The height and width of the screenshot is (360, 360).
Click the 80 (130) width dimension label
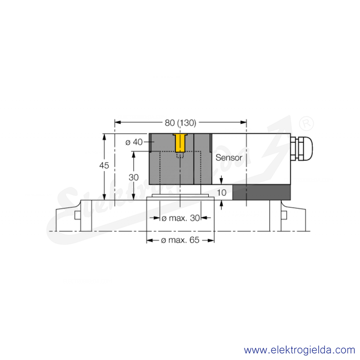[180, 123]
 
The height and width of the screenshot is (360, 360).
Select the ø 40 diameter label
[134, 142]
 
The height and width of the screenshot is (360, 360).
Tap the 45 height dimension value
[104, 165]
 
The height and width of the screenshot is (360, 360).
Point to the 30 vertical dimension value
[134, 177]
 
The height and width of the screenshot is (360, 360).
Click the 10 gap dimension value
[221, 193]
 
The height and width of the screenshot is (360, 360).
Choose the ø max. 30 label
[181, 218]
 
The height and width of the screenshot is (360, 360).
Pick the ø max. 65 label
[180, 240]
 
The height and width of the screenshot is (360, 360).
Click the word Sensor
[229, 157]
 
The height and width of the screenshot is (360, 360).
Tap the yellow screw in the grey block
[180, 143]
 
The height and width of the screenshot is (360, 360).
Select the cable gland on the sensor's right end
[301, 148]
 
